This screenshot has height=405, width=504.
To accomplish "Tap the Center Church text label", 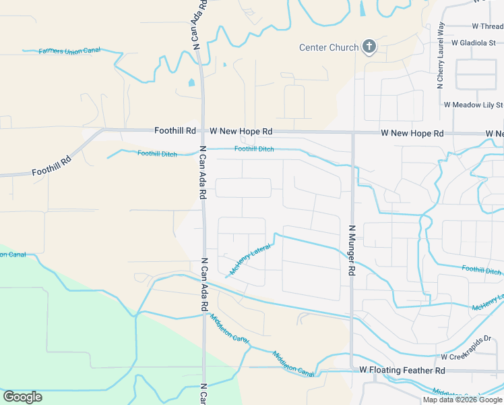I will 329,47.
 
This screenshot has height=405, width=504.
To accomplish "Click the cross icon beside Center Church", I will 369,47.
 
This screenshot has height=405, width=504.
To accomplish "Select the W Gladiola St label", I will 478,42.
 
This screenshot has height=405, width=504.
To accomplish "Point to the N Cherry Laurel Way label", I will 441,55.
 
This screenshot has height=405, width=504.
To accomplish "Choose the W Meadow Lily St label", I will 473,105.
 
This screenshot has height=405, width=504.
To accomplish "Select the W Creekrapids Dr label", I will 472,356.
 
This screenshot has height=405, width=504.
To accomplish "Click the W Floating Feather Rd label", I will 402,371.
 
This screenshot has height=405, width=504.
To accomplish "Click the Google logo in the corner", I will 22,397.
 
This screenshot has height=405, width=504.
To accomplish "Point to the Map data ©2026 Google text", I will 462,400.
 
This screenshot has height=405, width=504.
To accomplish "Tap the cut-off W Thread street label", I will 488,26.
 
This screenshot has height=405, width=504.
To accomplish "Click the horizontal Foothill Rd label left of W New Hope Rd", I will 175,130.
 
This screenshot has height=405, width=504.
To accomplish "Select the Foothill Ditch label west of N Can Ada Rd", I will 157,154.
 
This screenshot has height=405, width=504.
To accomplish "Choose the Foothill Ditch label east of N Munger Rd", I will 481,271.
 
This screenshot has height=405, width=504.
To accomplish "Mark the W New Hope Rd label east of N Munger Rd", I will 412,134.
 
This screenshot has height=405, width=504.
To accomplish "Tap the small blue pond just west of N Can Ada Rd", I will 191,83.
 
